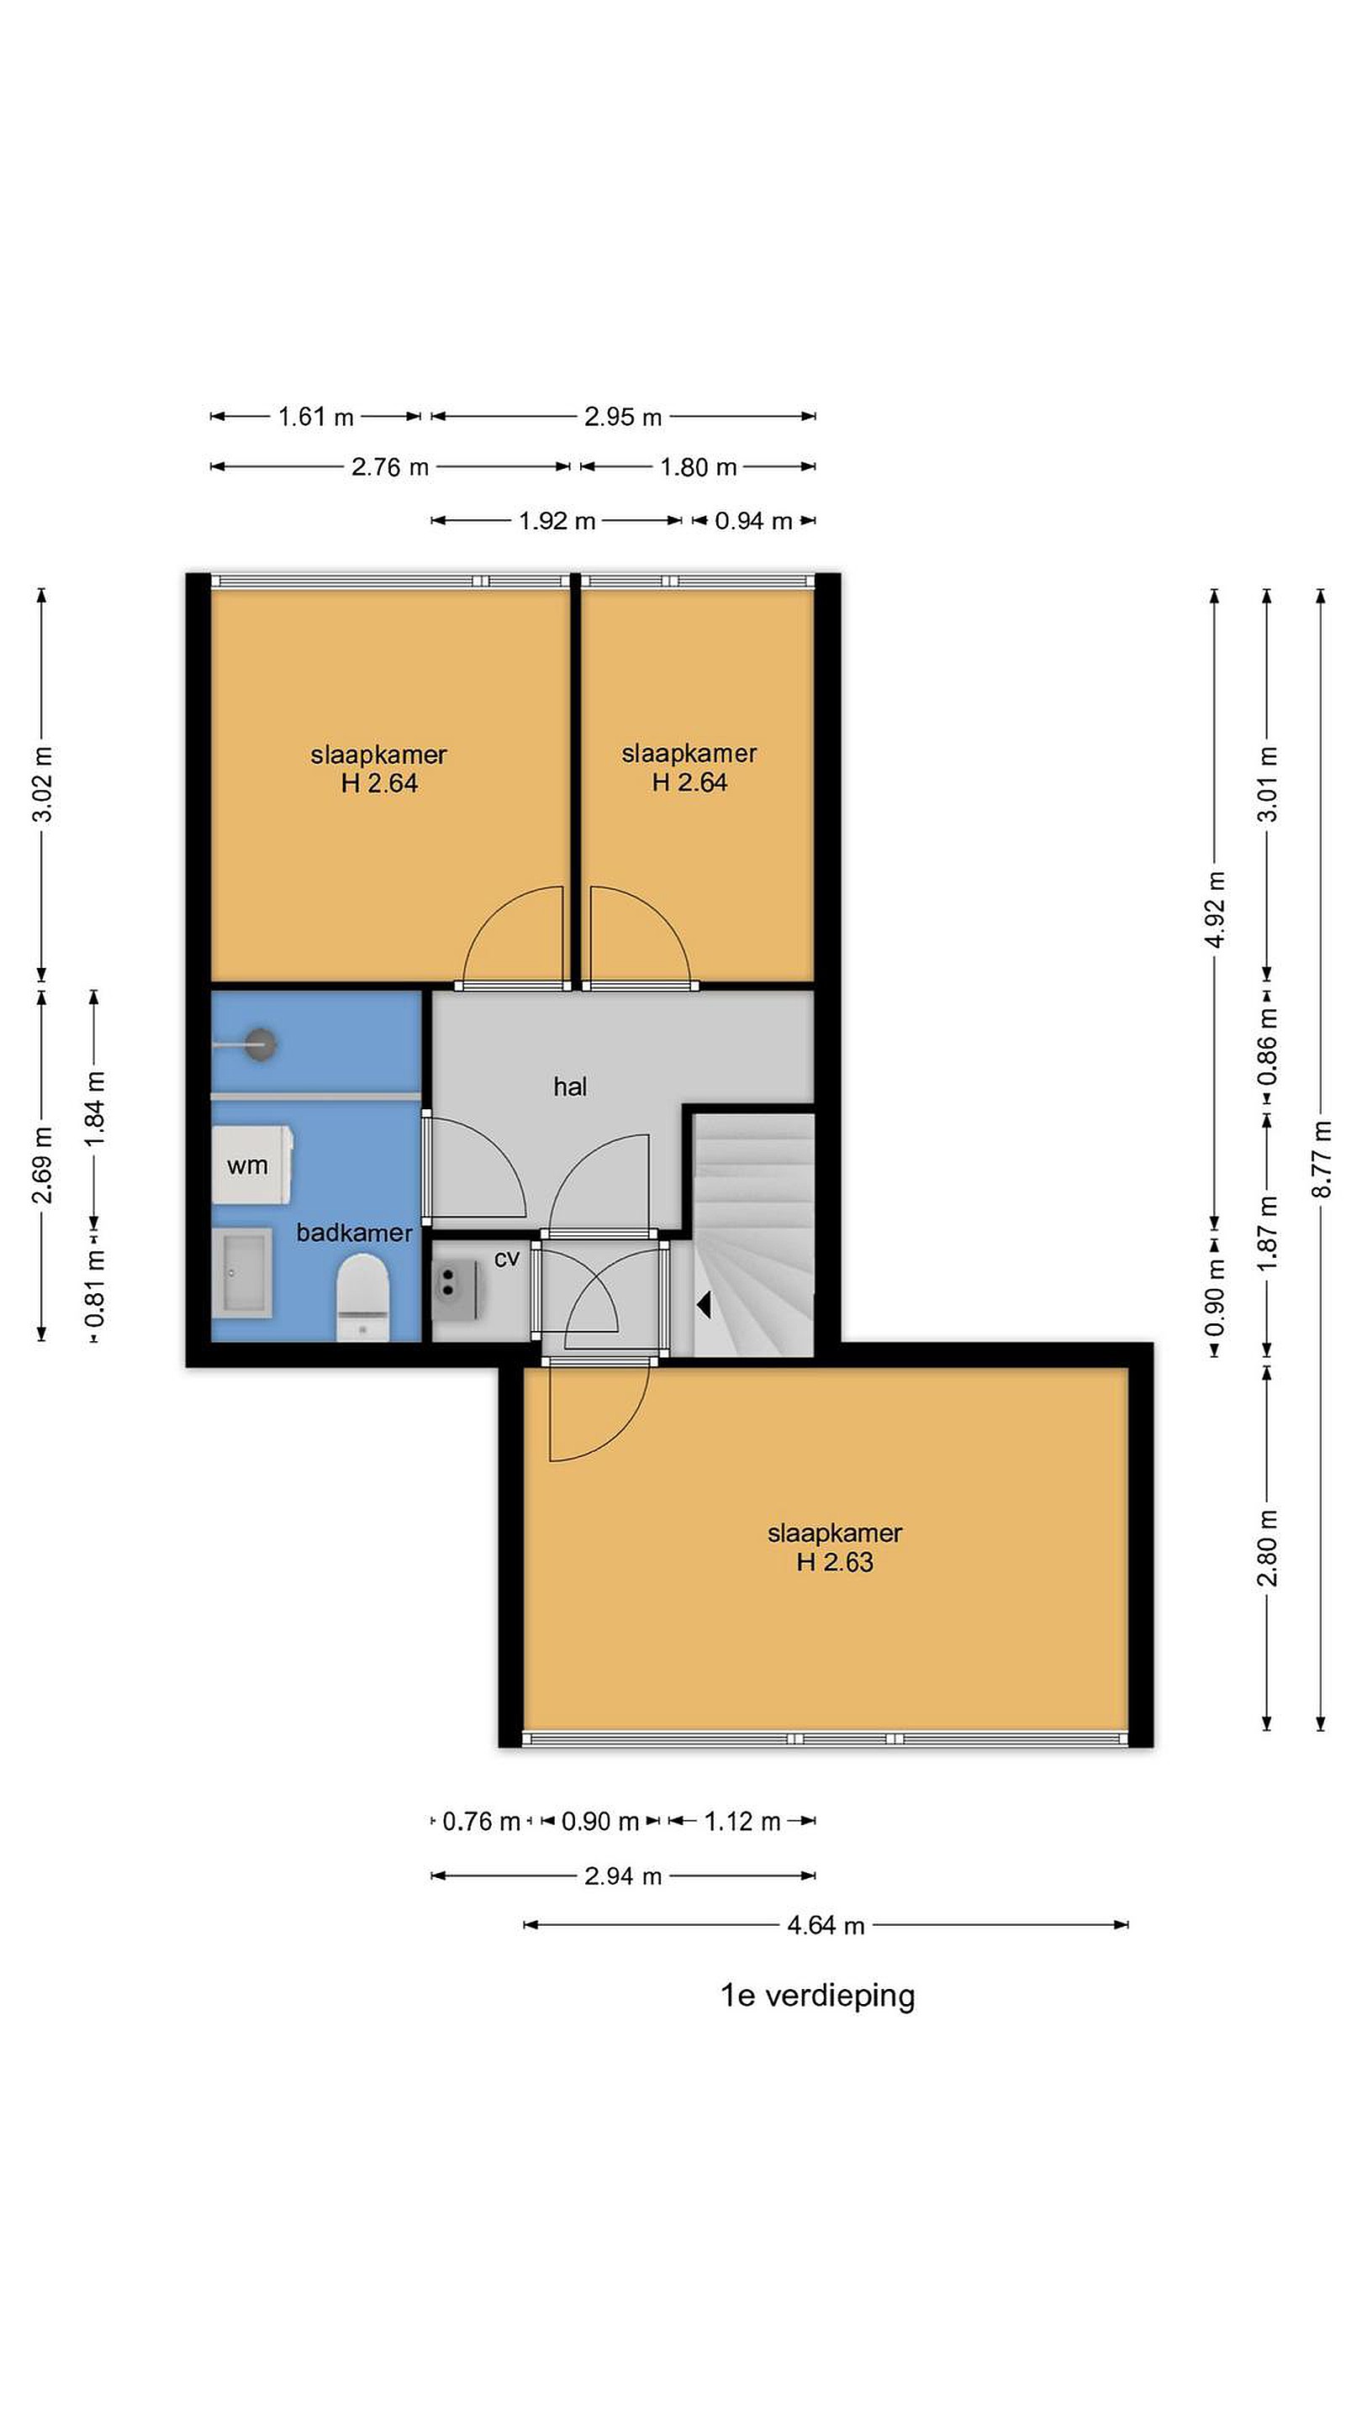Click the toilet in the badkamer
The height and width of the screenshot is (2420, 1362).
click(363, 1298)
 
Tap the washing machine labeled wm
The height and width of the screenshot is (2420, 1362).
click(253, 1165)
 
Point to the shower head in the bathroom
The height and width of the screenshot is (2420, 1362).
click(261, 1043)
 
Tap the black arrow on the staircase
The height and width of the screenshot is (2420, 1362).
click(703, 1304)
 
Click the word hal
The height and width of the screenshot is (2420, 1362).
click(570, 1087)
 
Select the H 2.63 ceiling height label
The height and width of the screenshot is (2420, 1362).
click(835, 1561)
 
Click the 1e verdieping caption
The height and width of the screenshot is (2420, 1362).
click(817, 1995)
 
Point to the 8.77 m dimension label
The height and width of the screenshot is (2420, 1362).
click(1322, 1159)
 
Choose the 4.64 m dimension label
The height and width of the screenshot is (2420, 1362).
click(826, 1925)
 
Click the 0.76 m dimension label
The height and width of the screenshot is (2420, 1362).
click(480, 1822)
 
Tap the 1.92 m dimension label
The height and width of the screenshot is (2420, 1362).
click(557, 520)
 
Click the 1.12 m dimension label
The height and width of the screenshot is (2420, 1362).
click(742, 1822)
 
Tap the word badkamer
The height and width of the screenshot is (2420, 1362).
click(354, 1233)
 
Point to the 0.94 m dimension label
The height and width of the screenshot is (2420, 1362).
click(753, 520)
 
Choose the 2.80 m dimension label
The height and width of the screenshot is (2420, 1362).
click(1267, 1547)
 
